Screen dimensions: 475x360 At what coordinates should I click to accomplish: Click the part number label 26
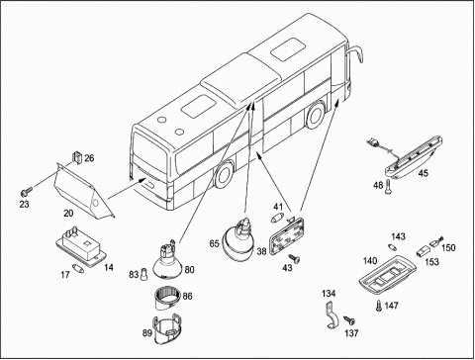(x=89, y=158)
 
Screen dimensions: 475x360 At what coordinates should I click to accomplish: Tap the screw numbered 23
(x=27, y=191)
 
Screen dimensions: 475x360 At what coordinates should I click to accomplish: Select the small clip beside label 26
(x=77, y=157)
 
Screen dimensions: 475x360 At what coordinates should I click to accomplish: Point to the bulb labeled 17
(x=78, y=268)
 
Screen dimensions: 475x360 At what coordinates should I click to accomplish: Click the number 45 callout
(x=424, y=173)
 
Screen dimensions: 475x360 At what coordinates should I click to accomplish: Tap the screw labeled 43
(x=294, y=258)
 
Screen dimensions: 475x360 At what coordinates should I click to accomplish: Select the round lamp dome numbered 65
(x=237, y=240)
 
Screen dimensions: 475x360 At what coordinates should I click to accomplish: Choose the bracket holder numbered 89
(x=167, y=329)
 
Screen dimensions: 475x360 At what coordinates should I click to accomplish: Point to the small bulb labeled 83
(x=143, y=274)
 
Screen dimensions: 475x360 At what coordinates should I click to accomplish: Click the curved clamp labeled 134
(x=332, y=315)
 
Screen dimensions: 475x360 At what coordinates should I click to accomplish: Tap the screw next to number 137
(x=349, y=319)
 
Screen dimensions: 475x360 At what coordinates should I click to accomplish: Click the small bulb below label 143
(x=392, y=246)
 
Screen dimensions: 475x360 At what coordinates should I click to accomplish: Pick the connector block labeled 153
(x=422, y=253)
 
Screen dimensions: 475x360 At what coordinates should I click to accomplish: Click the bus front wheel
(x=315, y=115)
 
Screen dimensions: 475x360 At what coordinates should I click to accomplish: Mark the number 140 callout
(x=370, y=261)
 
